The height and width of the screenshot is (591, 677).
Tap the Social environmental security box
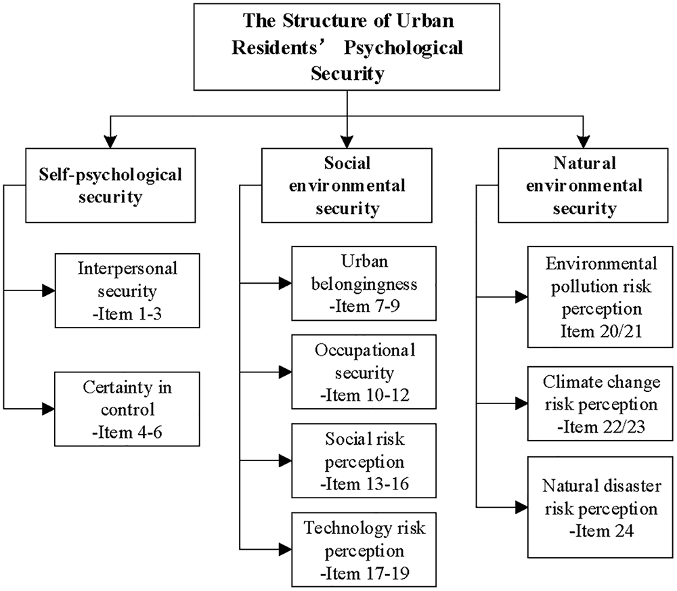point(347,186)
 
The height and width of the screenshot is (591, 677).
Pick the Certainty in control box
point(128,408)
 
